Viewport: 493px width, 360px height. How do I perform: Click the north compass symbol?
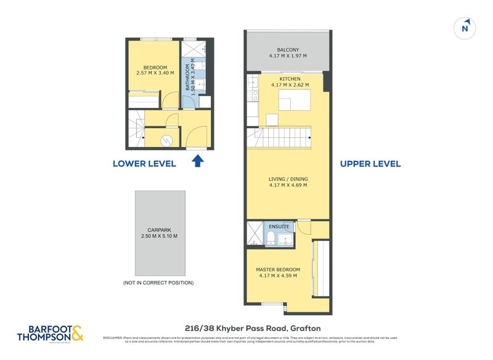(467, 27)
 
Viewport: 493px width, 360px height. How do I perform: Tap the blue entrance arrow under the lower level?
(197, 162)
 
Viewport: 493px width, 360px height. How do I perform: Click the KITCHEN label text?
(290, 79)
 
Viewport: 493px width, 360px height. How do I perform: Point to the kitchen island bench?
(293, 100)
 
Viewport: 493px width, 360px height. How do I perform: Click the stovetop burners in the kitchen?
(251, 95)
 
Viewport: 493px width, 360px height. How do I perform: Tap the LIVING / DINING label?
(288, 179)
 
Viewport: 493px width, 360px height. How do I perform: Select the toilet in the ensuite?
(271, 237)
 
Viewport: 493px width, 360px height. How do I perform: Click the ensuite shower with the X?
(255, 234)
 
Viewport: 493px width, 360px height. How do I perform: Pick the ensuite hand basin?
(284, 238)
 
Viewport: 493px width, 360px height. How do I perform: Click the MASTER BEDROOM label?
(278, 269)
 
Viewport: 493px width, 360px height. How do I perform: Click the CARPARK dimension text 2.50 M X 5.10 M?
(158, 236)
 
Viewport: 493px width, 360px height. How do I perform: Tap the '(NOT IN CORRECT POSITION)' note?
(158, 282)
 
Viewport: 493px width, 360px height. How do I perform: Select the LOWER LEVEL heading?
(144, 163)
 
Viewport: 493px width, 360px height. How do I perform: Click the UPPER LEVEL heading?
(371, 163)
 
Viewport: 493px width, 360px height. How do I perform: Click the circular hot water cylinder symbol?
(165, 141)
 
